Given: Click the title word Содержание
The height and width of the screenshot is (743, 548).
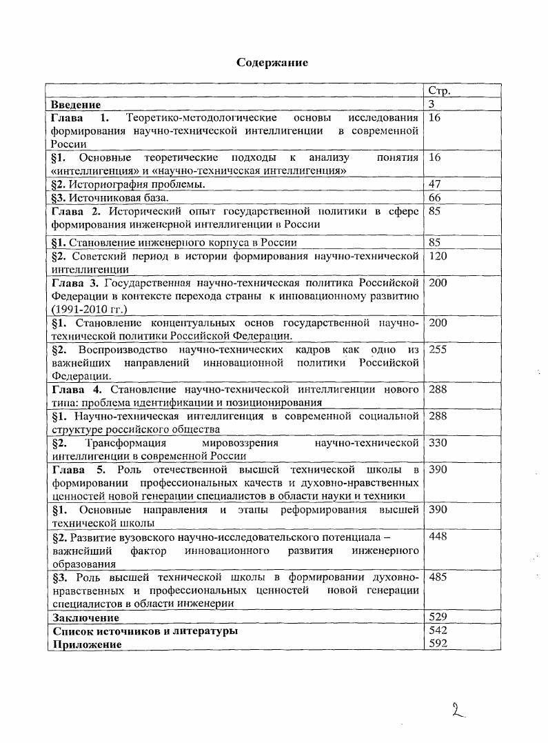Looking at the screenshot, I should tap(272, 63).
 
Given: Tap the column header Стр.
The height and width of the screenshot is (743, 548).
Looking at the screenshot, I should tap(440, 91).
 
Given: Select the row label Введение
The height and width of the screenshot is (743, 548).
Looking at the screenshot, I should tap(76, 105).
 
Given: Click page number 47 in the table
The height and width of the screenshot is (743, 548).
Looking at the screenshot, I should tap(435, 184).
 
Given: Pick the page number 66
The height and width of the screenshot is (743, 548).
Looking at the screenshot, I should tap(435, 198).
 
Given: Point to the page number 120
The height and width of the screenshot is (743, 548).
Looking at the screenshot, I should tap(438, 257).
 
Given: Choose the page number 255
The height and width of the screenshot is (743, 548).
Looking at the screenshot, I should tap(438, 350).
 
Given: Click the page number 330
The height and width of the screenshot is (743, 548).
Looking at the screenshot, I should tap(438, 442).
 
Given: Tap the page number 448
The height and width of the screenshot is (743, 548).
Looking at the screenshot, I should tap(438, 536).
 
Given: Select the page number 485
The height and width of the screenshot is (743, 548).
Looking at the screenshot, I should tap(438, 577).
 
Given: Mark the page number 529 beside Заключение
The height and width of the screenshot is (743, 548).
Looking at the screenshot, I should tap(438, 617).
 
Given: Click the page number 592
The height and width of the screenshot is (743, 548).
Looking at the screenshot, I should tap(438, 644).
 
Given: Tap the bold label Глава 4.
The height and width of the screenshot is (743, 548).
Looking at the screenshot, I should tap(77, 389).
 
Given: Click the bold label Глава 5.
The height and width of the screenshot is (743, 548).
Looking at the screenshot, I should tap(77, 470).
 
